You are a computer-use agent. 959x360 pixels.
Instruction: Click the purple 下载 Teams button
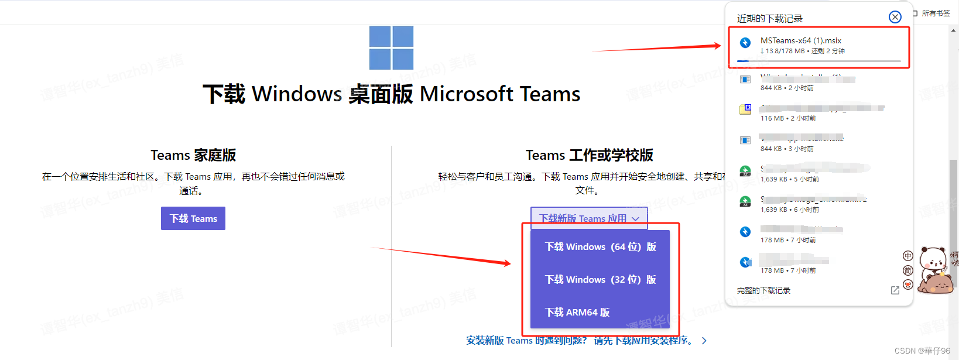click(193, 218)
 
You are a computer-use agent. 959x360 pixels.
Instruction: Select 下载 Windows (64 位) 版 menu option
click(600, 247)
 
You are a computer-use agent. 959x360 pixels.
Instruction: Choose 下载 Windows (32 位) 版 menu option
click(600, 280)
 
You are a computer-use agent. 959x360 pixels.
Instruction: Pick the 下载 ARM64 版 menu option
click(577, 313)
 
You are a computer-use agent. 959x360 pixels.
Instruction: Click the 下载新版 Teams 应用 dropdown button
click(588, 218)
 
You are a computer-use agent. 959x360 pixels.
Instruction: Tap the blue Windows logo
click(391, 48)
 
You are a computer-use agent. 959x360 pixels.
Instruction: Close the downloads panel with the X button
click(895, 17)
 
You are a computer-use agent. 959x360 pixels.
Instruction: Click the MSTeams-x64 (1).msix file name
click(800, 40)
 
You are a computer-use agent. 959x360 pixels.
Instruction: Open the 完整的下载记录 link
click(763, 290)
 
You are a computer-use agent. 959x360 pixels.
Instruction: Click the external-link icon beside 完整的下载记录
click(895, 290)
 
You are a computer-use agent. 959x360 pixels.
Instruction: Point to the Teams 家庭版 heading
click(193, 155)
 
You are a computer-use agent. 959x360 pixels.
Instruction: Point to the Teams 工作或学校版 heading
click(589, 155)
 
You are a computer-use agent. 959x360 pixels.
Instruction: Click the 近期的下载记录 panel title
click(769, 19)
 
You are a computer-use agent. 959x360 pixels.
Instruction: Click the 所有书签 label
click(936, 13)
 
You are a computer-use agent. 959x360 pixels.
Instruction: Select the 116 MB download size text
click(772, 118)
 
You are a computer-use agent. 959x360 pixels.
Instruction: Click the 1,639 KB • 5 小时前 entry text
click(789, 179)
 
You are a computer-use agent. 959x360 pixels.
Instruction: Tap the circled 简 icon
click(907, 270)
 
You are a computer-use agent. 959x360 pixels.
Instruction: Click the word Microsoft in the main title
click(467, 94)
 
